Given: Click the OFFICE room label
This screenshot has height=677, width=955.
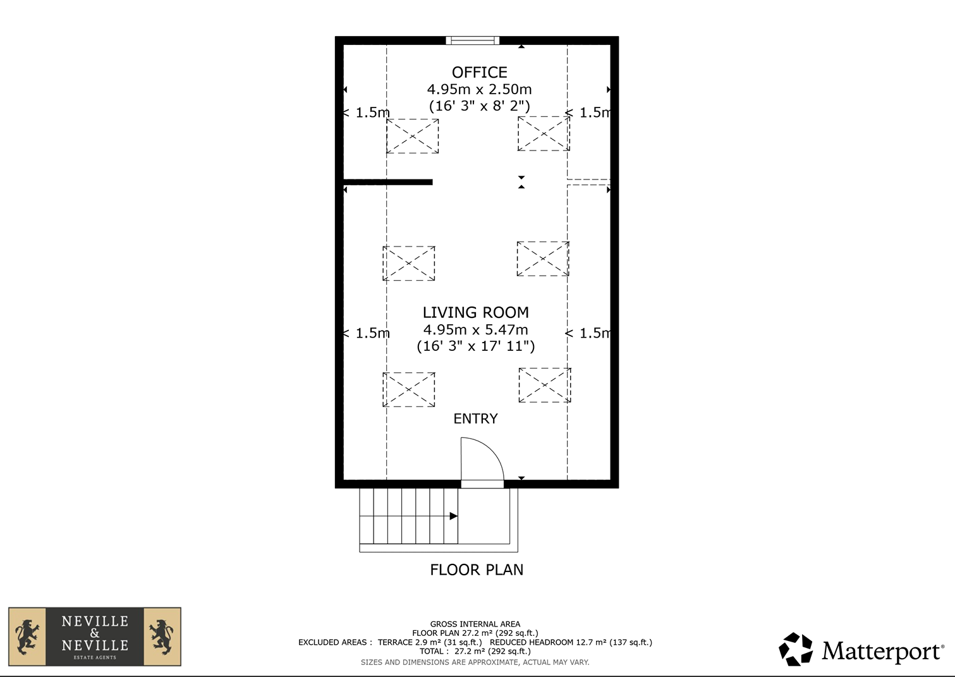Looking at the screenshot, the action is [480, 73].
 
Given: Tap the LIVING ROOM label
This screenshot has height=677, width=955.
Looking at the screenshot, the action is [476, 312].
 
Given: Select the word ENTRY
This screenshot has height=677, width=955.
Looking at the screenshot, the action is [475, 418].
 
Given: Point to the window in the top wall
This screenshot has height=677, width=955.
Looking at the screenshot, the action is [472, 40].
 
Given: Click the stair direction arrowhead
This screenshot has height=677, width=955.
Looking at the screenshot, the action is [454, 516].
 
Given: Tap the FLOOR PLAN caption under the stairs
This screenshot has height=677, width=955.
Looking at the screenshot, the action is [477, 570].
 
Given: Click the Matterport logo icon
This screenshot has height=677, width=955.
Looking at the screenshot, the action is [796, 649].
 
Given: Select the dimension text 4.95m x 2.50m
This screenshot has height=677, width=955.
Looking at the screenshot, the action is [480, 90].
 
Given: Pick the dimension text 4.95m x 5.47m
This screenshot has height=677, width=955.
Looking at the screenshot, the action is [476, 329].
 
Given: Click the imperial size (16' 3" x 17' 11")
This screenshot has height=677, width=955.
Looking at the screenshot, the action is [476, 346].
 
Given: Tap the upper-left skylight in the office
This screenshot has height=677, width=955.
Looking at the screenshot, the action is [412, 136].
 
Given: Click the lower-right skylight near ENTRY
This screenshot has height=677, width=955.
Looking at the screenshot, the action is [545, 385].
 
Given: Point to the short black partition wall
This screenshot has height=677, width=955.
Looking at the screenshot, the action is [388, 182].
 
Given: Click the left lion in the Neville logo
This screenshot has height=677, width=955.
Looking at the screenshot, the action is [27, 637].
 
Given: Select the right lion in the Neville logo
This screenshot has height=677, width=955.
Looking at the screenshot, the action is [162, 637].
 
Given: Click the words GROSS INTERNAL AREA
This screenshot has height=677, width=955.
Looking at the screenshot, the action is [475, 624].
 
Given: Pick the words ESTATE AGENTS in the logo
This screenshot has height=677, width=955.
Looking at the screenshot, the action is [95, 657].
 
